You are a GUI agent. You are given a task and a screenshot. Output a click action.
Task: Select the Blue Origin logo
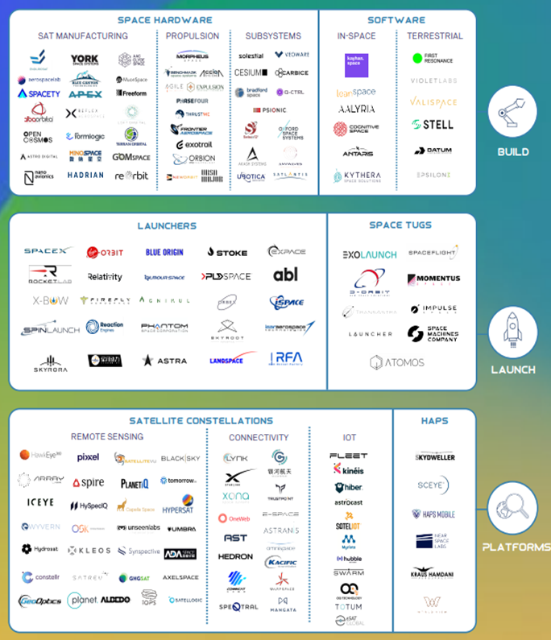164,252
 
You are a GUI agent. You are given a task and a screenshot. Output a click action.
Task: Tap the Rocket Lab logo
50,275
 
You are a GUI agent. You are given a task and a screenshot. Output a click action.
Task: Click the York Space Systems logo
85,60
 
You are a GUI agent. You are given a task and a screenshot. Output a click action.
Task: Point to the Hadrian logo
85,175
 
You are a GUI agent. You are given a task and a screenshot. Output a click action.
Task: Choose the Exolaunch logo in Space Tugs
370,254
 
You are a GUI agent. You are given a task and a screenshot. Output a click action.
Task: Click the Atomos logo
397,363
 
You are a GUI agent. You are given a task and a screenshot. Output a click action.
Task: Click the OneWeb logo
235,518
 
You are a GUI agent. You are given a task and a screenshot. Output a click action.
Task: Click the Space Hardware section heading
165,19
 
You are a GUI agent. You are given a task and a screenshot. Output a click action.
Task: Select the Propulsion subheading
193,36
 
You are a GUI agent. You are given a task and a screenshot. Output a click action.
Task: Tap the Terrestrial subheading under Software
434,36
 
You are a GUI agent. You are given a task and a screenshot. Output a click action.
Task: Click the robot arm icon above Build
512,112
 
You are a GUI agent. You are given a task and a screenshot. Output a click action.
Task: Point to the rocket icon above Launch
512,331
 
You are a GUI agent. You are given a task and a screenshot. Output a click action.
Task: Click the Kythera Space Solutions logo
356,175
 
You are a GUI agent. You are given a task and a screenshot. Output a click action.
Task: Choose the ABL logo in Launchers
285,275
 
